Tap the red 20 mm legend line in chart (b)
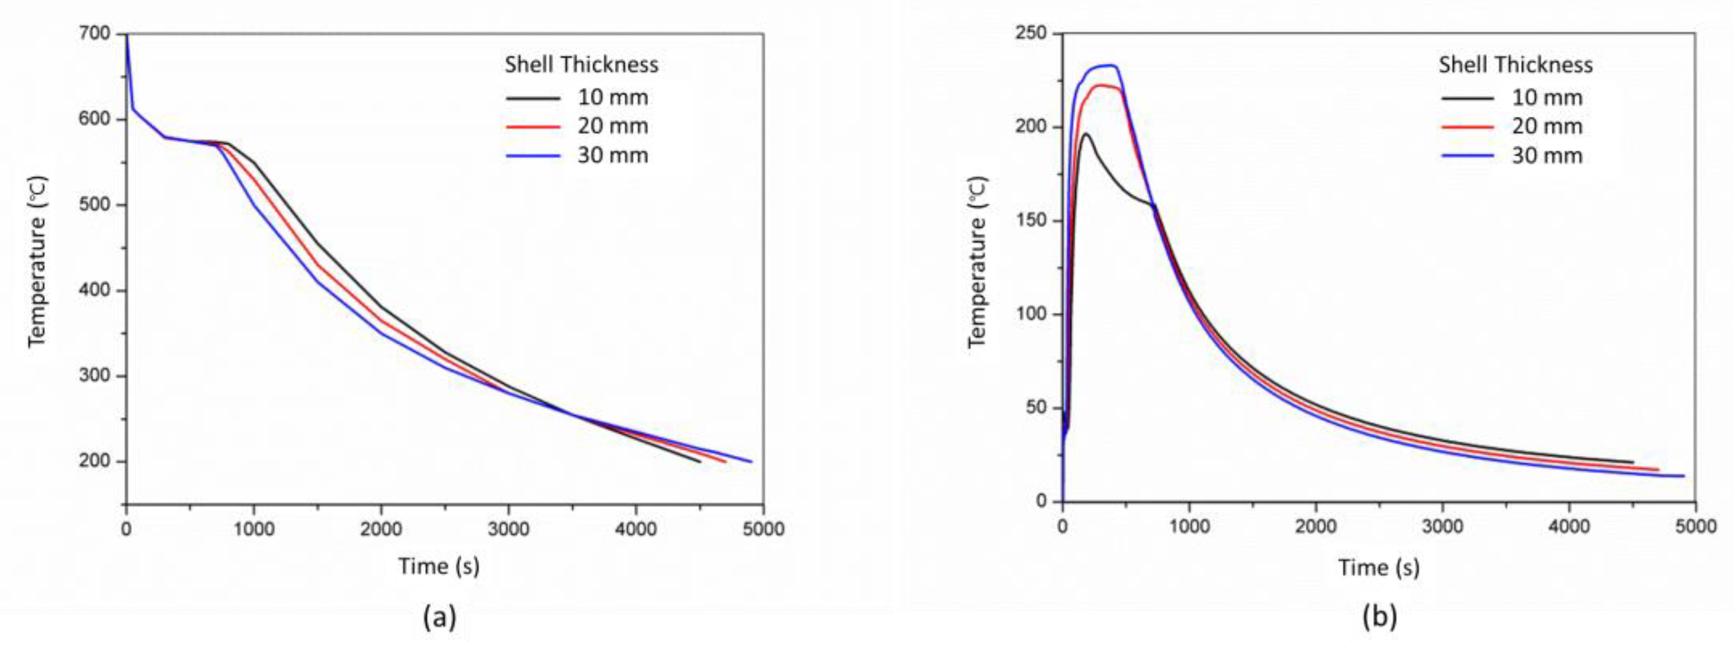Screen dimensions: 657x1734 point(1467,126)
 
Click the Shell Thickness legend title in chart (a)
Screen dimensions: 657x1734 point(582,65)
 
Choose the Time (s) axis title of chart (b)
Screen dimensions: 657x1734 point(1378,567)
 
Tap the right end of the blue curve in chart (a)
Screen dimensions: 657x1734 point(751,461)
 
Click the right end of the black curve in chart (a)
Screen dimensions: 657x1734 point(700,462)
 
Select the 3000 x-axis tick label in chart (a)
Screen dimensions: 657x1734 point(508,529)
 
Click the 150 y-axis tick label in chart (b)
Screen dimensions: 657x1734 point(1036,221)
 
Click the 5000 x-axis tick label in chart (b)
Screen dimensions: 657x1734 point(1695,526)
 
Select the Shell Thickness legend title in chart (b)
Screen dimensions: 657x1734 point(1516,65)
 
